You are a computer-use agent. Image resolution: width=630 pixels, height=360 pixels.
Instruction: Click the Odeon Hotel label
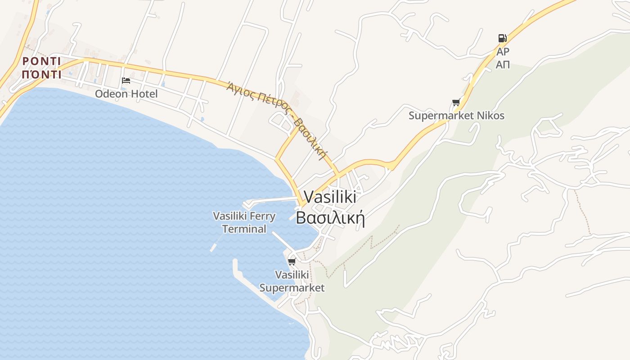[x=126, y=94]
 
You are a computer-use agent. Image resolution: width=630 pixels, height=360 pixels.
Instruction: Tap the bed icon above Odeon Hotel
[x=126, y=81]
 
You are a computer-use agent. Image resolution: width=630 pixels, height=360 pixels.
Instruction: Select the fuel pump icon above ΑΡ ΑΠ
[x=502, y=38]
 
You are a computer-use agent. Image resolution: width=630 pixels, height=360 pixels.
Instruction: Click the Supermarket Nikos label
[x=456, y=116]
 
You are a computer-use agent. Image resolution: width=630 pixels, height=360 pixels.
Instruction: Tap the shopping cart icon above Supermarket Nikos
[x=456, y=103]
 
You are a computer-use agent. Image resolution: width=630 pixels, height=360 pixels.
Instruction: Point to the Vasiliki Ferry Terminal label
[x=244, y=222]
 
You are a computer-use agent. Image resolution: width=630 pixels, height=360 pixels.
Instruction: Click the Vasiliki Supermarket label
[x=292, y=281]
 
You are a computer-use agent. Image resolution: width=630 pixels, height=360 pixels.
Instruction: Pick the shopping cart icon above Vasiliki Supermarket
[x=292, y=261]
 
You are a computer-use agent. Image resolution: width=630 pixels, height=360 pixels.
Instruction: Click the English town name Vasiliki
[x=330, y=197]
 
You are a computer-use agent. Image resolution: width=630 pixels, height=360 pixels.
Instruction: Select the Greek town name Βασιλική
[x=330, y=218]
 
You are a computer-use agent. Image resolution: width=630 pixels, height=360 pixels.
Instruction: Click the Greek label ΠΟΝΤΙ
[x=41, y=75]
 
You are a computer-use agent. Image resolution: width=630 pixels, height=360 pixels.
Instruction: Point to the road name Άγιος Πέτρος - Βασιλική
[x=277, y=120]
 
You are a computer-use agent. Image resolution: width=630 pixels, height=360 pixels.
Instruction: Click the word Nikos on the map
[x=490, y=116]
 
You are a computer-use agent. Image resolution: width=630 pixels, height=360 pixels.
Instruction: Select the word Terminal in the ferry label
[x=244, y=229]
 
